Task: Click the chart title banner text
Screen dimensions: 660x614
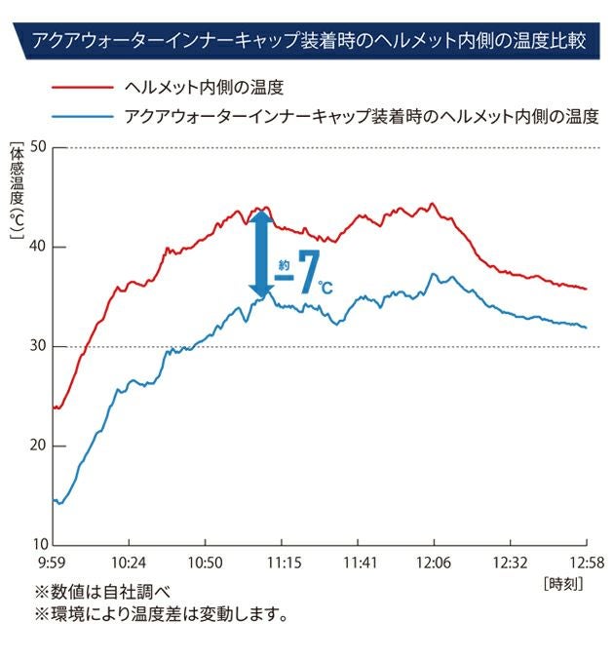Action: [308, 42]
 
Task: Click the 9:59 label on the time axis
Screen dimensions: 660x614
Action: [53, 563]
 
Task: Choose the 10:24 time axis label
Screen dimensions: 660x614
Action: [129, 563]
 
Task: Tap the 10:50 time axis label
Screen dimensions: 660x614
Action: [205, 563]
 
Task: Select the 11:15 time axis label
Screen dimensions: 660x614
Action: [281, 563]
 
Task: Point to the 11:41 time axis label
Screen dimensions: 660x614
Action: [358, 563]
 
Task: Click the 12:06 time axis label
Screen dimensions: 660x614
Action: [434, 563]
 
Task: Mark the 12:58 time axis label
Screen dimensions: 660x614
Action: [586, 563]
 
